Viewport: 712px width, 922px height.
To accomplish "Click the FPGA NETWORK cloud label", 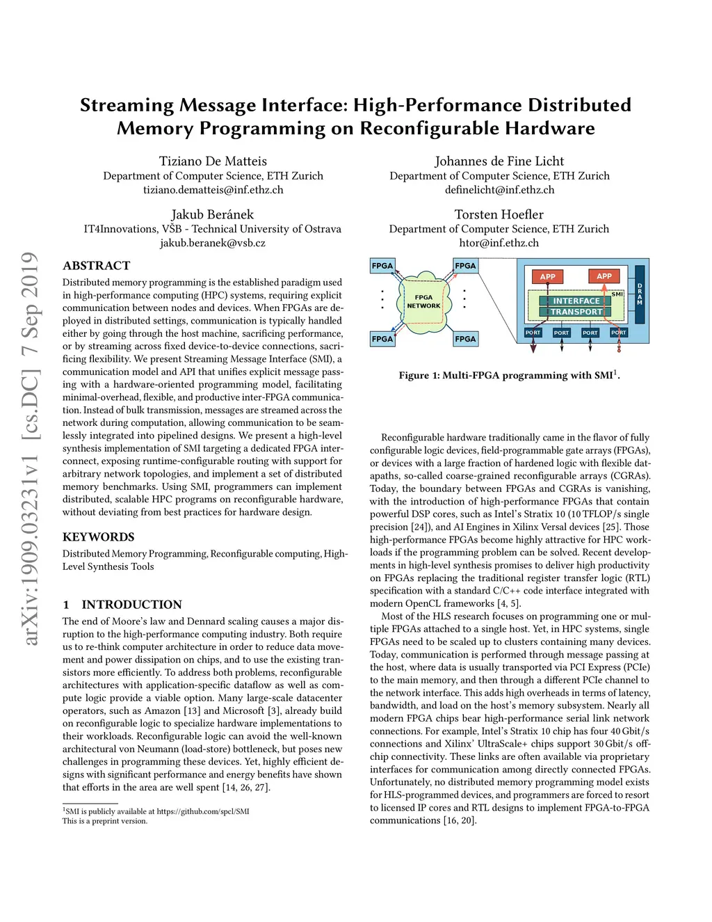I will [x=423, y=301].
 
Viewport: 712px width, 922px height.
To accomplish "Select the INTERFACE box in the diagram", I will [x=576, y=301].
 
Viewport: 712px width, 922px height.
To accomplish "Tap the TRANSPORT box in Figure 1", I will [x=576, y=312].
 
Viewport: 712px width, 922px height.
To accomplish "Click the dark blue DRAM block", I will [x=640, y=294].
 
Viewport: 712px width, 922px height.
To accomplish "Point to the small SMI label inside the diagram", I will [x=617, y=294].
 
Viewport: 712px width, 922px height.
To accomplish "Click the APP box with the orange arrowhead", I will [x=604, y=276].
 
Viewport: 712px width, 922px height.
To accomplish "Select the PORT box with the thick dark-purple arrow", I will [x=533, y=333].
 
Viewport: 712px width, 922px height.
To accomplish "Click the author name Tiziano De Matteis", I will [x=213, y=161].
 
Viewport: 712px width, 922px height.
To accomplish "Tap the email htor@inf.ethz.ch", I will [x=499, y=243].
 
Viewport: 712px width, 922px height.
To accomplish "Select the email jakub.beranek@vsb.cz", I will [x=212, y=243].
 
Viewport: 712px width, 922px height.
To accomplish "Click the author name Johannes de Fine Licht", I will [x=499, y=161].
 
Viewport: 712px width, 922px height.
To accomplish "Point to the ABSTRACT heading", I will [x=96, y=266].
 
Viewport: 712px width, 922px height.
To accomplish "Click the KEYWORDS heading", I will [x=98, y=537].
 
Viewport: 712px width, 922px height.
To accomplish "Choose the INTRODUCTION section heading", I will [x=131, y=605].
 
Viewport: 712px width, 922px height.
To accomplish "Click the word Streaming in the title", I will [x=127, y=105].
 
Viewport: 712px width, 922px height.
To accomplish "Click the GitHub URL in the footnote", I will [x=202, y=811].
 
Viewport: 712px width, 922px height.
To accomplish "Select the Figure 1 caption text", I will [x=509, y=375].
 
